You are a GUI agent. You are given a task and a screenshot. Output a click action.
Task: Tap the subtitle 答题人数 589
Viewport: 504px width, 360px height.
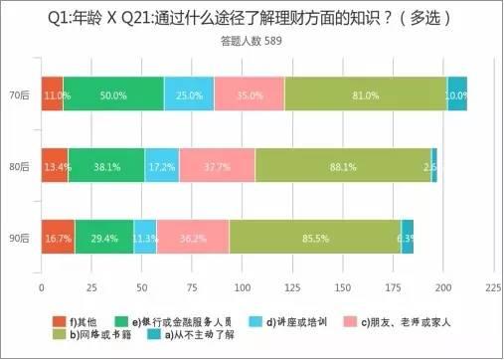pyautogui.click(x=251, y=42)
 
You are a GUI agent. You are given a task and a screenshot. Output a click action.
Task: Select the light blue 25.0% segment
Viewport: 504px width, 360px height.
pyautogui.click(x=189, y=93)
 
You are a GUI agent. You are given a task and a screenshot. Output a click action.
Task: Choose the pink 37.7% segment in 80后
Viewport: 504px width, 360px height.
pyautogui.click(x=217, y=166)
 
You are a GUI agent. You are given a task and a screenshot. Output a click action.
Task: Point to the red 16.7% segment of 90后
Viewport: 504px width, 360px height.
pyautogui.click(x=58, y=238)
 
